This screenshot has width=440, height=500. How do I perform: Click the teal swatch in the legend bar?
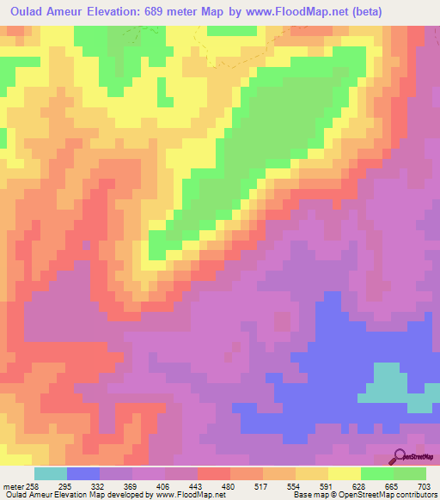tap(51, 473)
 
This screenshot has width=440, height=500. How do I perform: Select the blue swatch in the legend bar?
tap(83, 473)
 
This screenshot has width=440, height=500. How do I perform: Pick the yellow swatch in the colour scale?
tap(344, 473)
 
